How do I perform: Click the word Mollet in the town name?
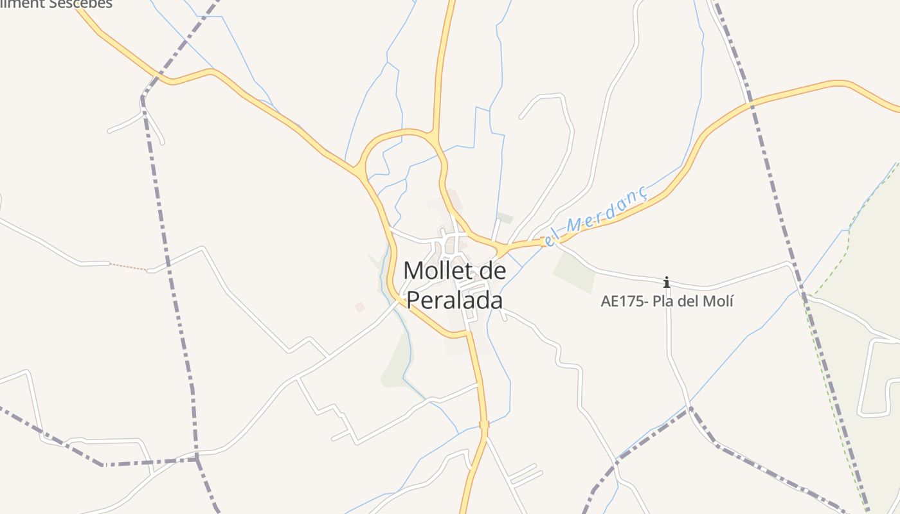point(438,270)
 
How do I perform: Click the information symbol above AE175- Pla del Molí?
point(667,282)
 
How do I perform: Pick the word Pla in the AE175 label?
point(663,301)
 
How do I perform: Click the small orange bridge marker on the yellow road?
point(484,424)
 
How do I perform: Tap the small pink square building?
point(360,307)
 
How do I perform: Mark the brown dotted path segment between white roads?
point(129,267)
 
